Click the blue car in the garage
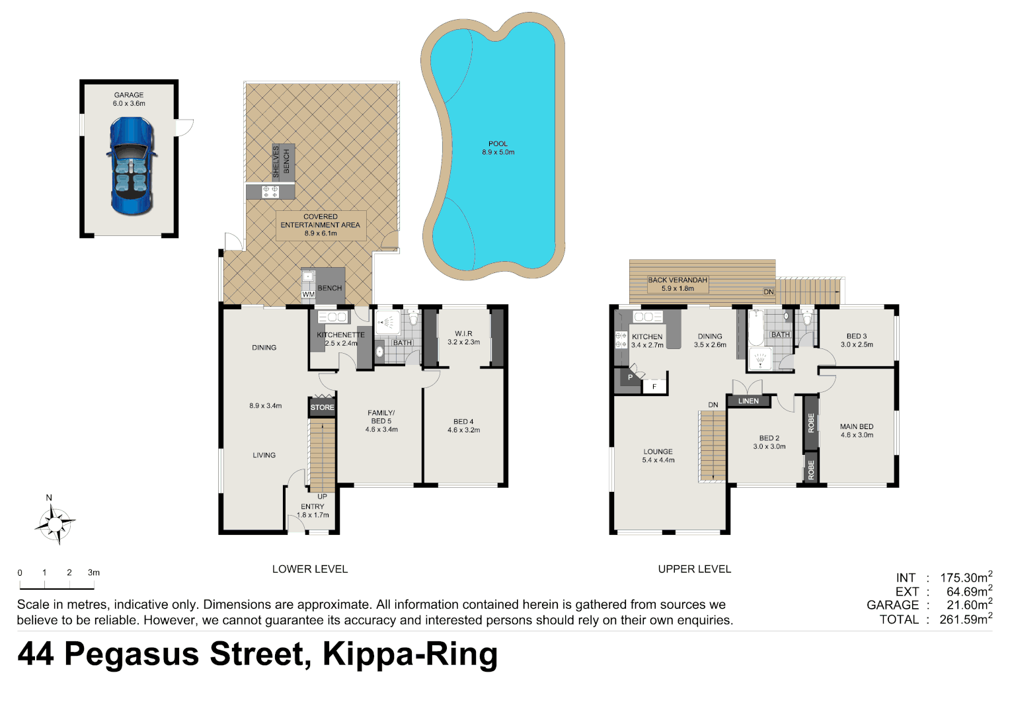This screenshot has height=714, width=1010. [x=131, y=166]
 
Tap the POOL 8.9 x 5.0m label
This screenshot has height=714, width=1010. [x=498, y=148]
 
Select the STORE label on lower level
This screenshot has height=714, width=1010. [x=322, y=407]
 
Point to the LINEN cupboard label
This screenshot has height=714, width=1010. [x=748, y=401]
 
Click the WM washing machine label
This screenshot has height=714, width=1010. [x=308, y=294]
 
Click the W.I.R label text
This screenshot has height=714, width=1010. [x=463, y=334]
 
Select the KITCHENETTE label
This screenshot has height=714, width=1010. [x=340, y=335]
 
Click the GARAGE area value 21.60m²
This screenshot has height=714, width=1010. [x=968, y=605]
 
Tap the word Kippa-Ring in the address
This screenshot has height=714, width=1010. [x=410, y=654]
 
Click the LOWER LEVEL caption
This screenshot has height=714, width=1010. [x=310, y=569]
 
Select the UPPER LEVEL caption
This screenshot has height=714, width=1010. [x=694, y=569]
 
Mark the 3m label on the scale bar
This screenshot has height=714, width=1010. [x=94, y=573]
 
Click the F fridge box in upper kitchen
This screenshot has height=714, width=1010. [x=654, y=386]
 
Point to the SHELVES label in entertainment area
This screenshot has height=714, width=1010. [x=276, y=161]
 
